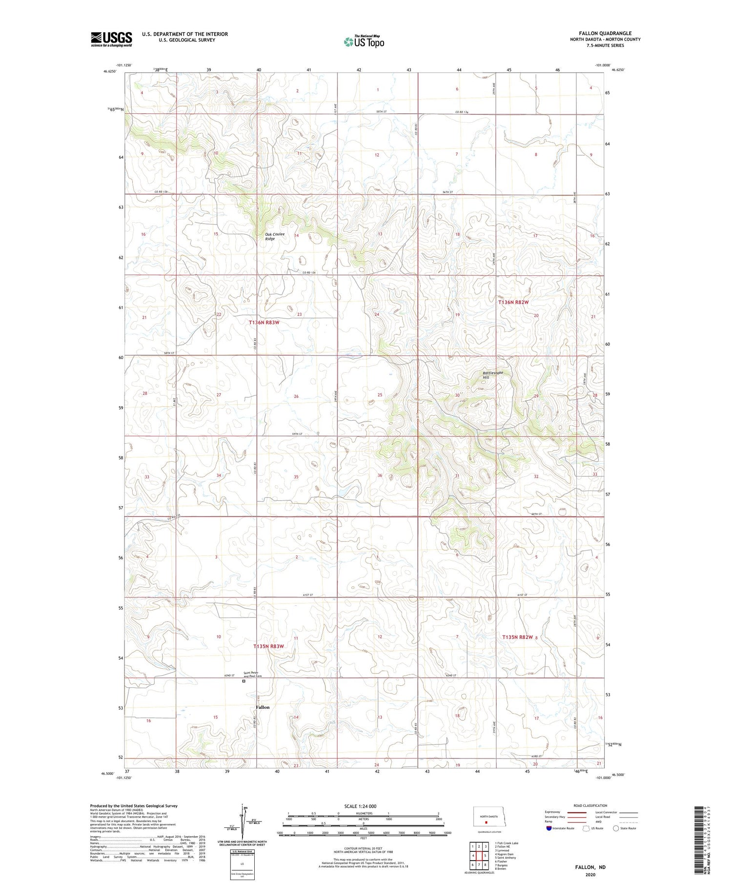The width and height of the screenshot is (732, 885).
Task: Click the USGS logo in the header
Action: point(111,39)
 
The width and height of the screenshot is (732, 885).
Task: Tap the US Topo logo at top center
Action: point(364,41)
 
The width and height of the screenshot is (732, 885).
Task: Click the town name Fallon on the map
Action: point(262,707)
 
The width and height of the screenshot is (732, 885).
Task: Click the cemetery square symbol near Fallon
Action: point(244,682)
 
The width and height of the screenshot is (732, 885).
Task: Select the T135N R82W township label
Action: point(518,637)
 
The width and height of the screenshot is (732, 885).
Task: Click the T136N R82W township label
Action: point(513,302)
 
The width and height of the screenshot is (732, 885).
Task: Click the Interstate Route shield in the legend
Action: point(549,828)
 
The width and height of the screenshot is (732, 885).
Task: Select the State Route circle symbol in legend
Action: point(616,828)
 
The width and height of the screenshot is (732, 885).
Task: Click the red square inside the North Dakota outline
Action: point(486,822)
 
